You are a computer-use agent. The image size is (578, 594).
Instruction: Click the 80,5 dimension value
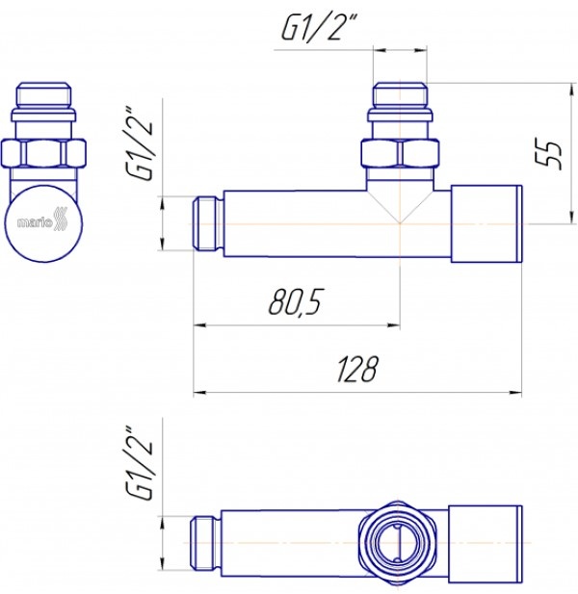pyautogui.click(x=295, y=302)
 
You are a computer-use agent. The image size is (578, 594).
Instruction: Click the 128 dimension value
pyautogui.click(x=356, y=368)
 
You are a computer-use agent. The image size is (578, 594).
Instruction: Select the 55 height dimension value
pyautogui.click(x=548, y=155)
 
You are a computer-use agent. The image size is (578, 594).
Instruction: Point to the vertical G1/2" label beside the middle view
pyautogui.click(x=140, y=143)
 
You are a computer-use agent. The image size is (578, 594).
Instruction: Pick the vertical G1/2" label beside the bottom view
pyautogui.click(x=140, y=463)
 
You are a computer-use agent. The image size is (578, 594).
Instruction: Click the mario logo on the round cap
pyautogui.click(x=41, y=220)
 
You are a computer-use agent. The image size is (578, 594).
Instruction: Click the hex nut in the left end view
pyautogui.click(x=43, y=153)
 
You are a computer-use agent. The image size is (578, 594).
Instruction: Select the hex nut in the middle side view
pyautogui.click(x=400, y=153)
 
